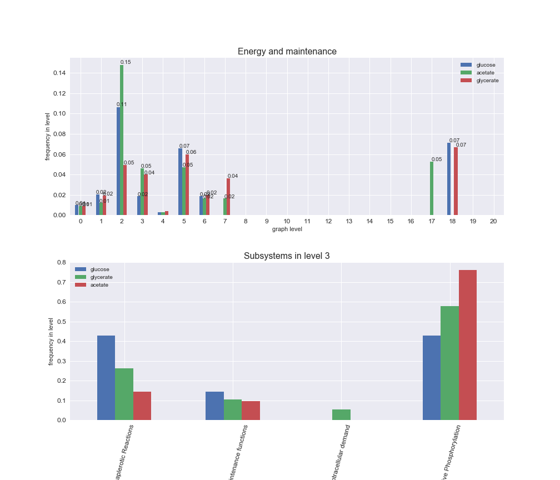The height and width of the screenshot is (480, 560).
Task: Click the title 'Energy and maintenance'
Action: point(287,52)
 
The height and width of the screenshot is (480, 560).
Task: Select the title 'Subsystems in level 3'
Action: point(287,256)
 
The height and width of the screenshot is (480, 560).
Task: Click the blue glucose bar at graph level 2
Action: point(118,161)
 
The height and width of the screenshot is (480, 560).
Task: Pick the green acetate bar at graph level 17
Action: point(432,188)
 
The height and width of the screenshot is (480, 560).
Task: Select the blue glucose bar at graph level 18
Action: point(449,179)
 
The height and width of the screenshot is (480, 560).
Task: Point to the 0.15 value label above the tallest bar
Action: point(126,62)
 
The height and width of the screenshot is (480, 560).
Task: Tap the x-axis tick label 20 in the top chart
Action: point(493,221)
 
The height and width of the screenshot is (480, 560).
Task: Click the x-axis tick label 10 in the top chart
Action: point(287,221)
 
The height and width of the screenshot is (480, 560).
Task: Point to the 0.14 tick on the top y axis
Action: point(59,73)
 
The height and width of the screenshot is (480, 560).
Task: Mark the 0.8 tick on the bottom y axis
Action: point(61,262)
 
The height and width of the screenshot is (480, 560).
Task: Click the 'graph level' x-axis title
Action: point(287,229)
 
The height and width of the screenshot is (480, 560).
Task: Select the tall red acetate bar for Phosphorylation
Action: point(468,345)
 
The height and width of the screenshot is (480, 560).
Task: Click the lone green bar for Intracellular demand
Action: point(341,414)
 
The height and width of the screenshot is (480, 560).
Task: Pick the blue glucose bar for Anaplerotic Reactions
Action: point(106,378)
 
